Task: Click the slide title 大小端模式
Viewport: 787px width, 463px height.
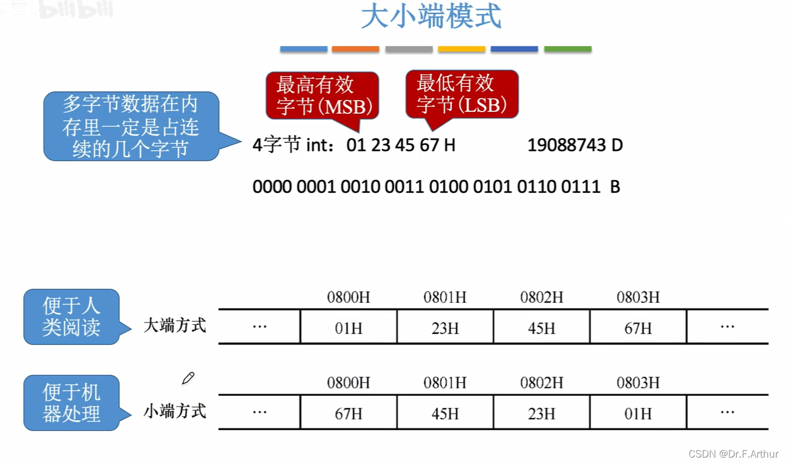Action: tap(431, 16)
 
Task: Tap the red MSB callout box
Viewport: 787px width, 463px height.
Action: tap(323, 95)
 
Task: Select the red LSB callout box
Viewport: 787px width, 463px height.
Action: tap(462, 94)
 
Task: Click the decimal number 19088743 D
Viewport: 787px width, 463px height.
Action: tap(575, 145)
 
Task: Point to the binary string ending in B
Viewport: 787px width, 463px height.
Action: tap(436, 187)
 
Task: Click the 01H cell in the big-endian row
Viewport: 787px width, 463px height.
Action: tap(348, 328)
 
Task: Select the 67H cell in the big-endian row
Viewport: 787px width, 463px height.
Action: tap(638, 328)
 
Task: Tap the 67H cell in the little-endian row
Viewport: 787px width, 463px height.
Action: tap(348, 413)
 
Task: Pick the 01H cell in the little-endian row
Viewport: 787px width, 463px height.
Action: tap(638, 413)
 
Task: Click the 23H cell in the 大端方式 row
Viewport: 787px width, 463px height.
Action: tap(445, 328)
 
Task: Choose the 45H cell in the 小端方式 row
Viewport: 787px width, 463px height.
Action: tap(445, 413)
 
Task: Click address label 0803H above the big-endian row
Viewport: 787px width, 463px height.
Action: tap(638, 297)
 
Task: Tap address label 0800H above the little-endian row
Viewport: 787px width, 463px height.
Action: tap(348, 383)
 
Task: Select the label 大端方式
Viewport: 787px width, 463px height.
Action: tap(174, 326)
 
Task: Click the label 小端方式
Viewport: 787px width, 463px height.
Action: tap(174, 411)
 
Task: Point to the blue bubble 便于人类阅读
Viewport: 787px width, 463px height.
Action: tap(72, 317)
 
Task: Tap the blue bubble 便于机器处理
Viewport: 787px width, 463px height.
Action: tap(72, 403)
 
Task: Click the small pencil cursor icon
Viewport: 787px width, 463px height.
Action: tap(188, 378)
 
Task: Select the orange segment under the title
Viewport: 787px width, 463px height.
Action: tap(355, 49)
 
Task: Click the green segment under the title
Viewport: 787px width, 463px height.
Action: tap(568, 49)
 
